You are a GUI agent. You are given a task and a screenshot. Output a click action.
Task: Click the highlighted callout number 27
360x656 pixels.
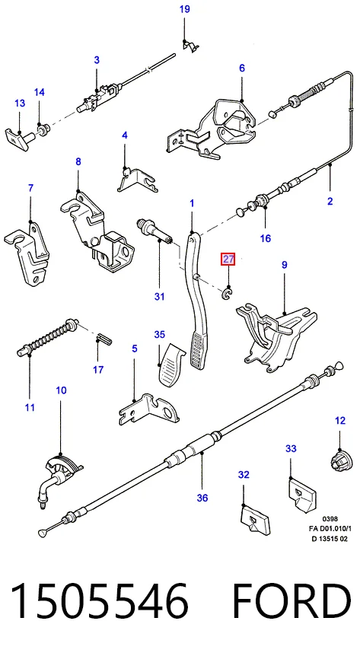(228, 260)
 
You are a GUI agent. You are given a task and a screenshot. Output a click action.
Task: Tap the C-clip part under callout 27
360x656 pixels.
(228, 294)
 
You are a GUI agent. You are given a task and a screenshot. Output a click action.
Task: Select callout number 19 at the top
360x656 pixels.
(185, 9)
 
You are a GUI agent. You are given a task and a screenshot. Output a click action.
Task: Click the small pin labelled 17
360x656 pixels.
(103, 338)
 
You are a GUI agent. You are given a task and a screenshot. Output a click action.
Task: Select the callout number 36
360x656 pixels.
(202, 498)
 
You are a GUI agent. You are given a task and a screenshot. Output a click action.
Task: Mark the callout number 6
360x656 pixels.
(242, 68)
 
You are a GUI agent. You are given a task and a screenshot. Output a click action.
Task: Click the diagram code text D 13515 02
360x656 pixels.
(329, 539)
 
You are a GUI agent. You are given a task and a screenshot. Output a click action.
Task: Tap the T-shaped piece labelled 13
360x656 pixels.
(18, 136)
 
